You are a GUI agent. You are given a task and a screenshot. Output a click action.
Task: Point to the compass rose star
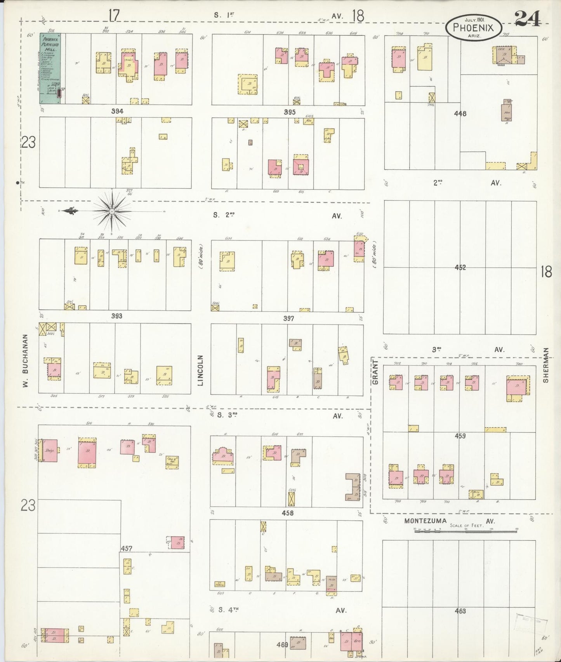[112, 211]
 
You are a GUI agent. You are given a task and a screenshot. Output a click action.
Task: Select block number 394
[117, 111]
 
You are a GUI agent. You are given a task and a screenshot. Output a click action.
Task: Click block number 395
[290, 112]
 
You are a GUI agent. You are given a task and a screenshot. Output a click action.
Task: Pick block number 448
[460, 114]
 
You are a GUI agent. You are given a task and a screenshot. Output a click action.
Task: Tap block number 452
[460, 268]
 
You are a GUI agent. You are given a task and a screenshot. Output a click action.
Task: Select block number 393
[117, 316]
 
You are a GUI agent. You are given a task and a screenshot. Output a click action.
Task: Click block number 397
[288, 318]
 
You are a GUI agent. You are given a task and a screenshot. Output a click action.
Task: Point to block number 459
[460, 436]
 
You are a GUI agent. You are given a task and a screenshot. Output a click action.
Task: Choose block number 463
[460, 611]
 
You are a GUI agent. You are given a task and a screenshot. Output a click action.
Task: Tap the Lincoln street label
[200, 370]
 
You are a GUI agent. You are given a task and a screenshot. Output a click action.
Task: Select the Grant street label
[375, 372]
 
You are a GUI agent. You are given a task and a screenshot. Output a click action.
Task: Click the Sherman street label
[546, 365]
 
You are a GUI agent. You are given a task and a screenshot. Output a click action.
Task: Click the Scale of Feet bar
[466, 530]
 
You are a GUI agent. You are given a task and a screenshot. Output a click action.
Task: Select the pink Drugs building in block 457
[50, 451]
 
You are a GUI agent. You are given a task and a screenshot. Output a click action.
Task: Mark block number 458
[287, 513]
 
